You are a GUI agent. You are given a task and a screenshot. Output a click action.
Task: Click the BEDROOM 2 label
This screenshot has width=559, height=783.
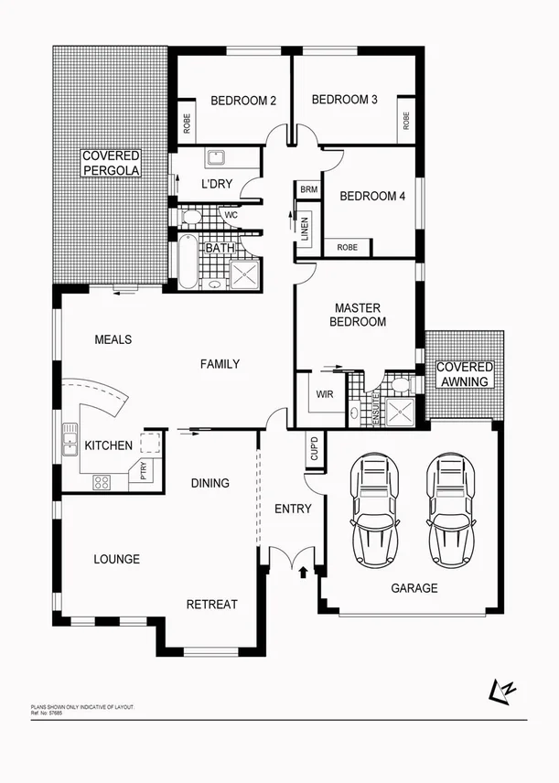click(243, 101)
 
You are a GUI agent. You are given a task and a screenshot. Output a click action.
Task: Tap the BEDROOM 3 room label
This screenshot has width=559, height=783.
click(344, 100)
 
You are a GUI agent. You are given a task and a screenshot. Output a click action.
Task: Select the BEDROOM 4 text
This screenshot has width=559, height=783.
click(371, 196)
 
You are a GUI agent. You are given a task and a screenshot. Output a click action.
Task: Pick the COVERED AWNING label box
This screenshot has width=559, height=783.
click(465, 373)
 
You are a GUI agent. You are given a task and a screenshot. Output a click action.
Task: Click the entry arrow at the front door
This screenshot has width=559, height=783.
click(303, 574)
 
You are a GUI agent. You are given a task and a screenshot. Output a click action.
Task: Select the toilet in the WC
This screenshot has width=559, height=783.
click(190, 218)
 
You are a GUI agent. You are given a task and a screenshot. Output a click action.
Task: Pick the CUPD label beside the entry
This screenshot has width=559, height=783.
click(313, 450)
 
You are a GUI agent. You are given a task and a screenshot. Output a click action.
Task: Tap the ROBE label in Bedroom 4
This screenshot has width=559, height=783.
click(347, 247)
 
